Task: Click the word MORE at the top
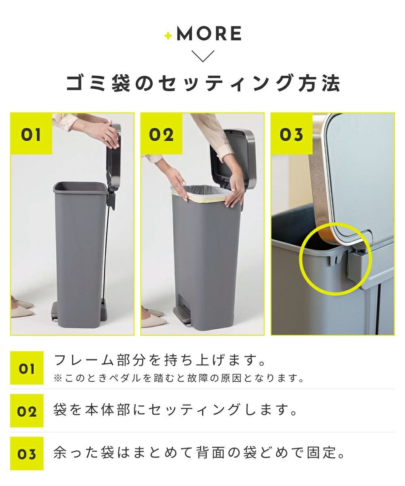209,34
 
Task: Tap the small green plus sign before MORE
168,36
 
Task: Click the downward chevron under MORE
203,56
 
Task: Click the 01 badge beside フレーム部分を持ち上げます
27,368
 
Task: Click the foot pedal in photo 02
183,315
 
